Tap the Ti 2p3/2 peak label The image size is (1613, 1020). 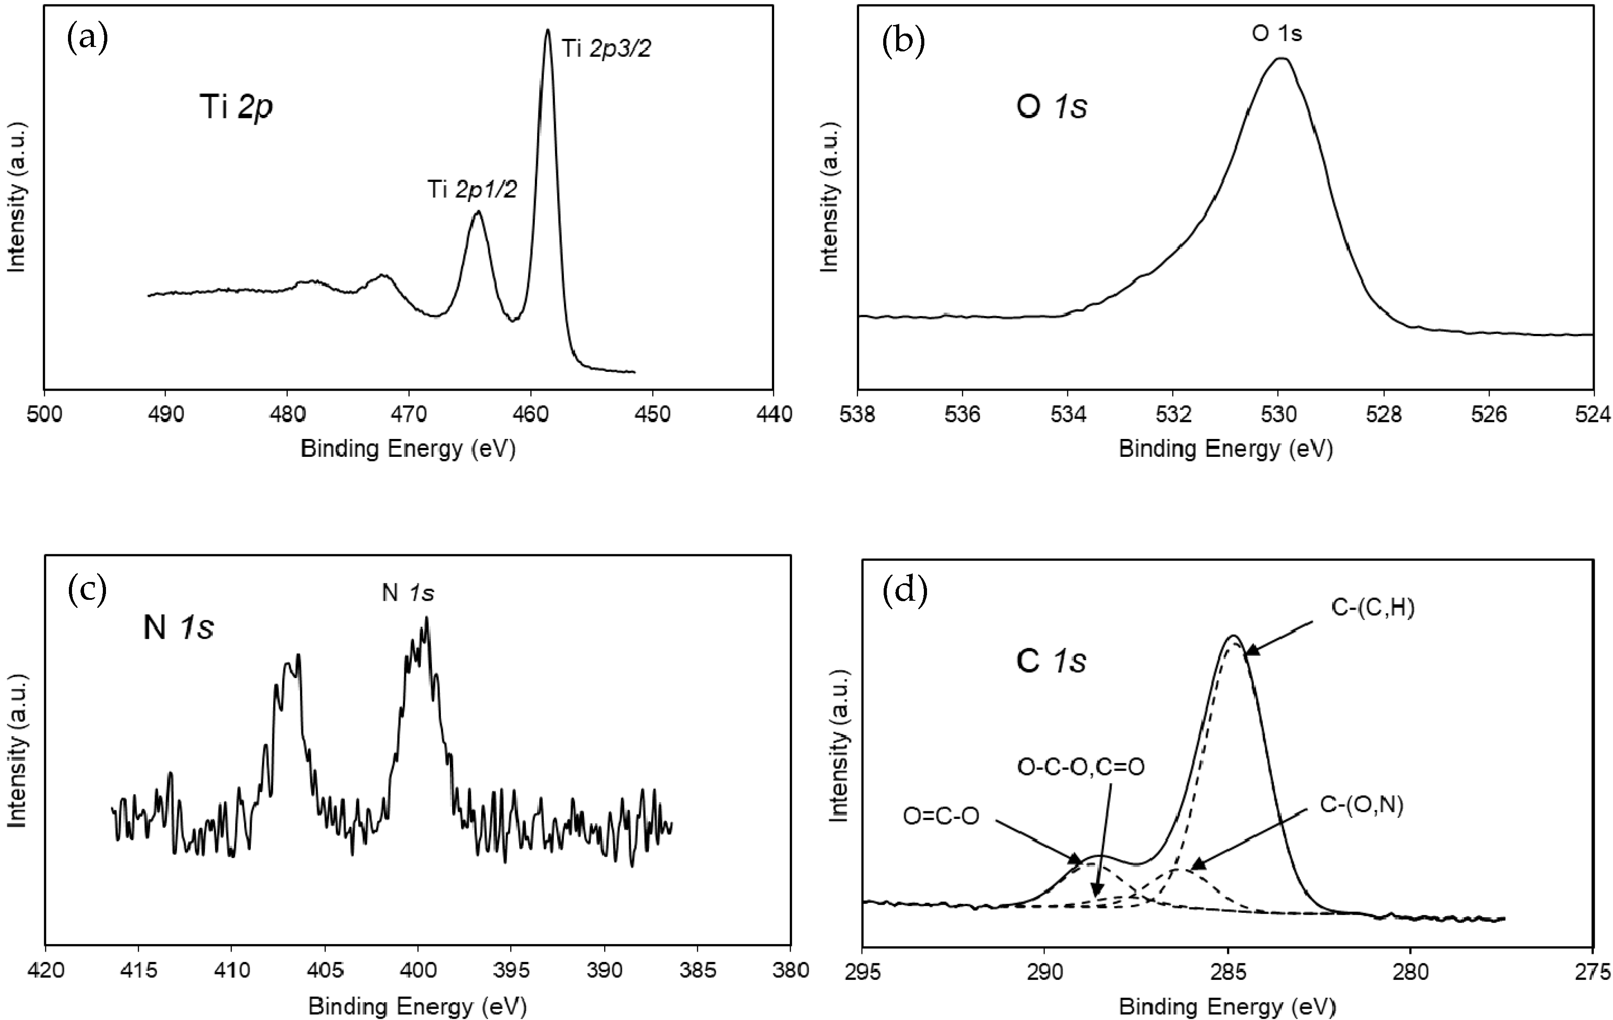(606, 49)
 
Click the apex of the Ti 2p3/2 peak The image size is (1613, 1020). (548, 30)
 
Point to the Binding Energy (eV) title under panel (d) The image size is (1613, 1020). (1227, 1007)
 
